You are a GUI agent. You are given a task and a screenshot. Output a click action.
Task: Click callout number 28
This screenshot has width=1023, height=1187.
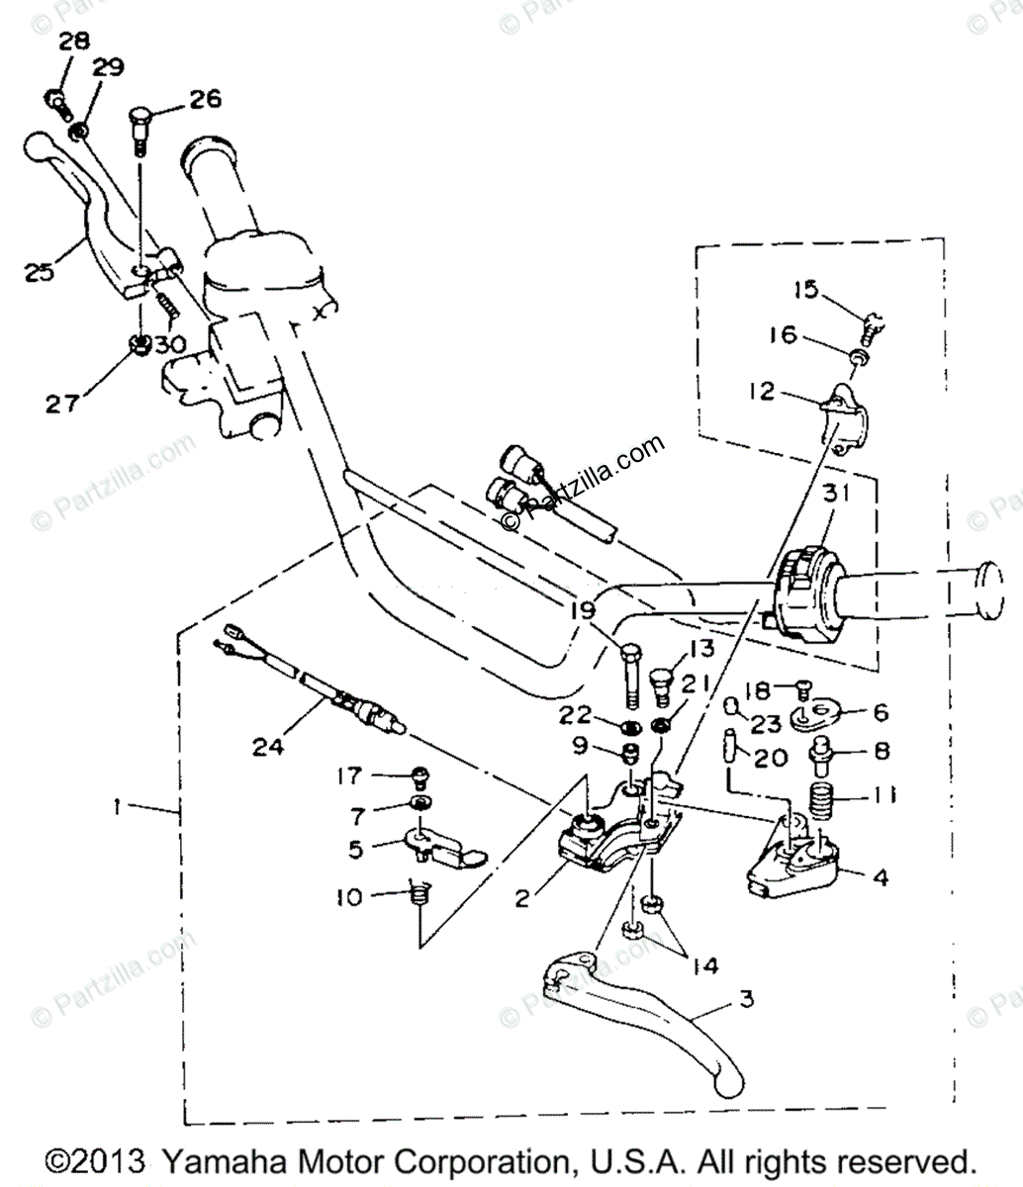click(73, 42)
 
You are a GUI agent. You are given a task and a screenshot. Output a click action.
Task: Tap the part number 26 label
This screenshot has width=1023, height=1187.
click(206, 99)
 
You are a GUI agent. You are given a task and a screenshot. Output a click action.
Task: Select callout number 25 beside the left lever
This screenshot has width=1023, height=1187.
click(39, 271)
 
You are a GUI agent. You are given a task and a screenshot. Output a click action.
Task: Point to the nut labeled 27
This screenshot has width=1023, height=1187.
click(140, 346)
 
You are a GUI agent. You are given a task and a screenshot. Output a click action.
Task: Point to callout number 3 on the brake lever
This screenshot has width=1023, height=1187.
click(745, 1000)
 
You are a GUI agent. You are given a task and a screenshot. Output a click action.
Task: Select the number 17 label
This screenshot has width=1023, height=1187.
click(350, 776)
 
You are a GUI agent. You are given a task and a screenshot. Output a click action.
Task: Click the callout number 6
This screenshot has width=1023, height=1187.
click(880, 712)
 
